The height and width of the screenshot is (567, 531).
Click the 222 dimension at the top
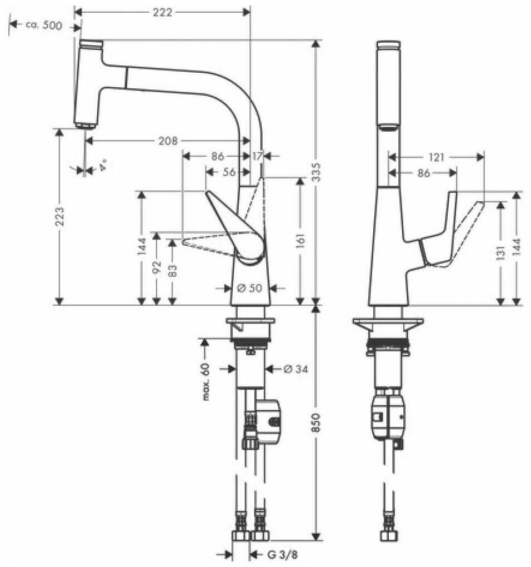[x=162, y=12]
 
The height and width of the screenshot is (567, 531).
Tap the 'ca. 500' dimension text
[x=44, y=26]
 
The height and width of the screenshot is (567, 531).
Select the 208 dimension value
[x=168, y=140]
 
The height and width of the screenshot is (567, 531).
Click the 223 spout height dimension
[x=59, y=216]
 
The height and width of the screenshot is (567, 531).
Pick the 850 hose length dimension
[x=315, y=422]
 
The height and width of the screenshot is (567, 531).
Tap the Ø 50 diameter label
[x=249, y=288]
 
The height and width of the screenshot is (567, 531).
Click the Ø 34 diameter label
[x=296, y=369]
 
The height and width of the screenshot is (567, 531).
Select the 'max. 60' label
[x=206, y=381]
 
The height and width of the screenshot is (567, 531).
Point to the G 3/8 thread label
[x=283, y=554]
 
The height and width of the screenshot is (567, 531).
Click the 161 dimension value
[x=300, y=241]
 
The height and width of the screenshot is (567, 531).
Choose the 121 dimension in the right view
[x=437, y=157]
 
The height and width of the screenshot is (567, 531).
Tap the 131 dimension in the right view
[x=500, y=253]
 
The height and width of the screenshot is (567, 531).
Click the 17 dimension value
[x=257, y=156]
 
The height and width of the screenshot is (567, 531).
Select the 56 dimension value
[x=229, y=172]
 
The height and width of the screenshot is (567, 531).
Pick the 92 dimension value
[x=156, y=267]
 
